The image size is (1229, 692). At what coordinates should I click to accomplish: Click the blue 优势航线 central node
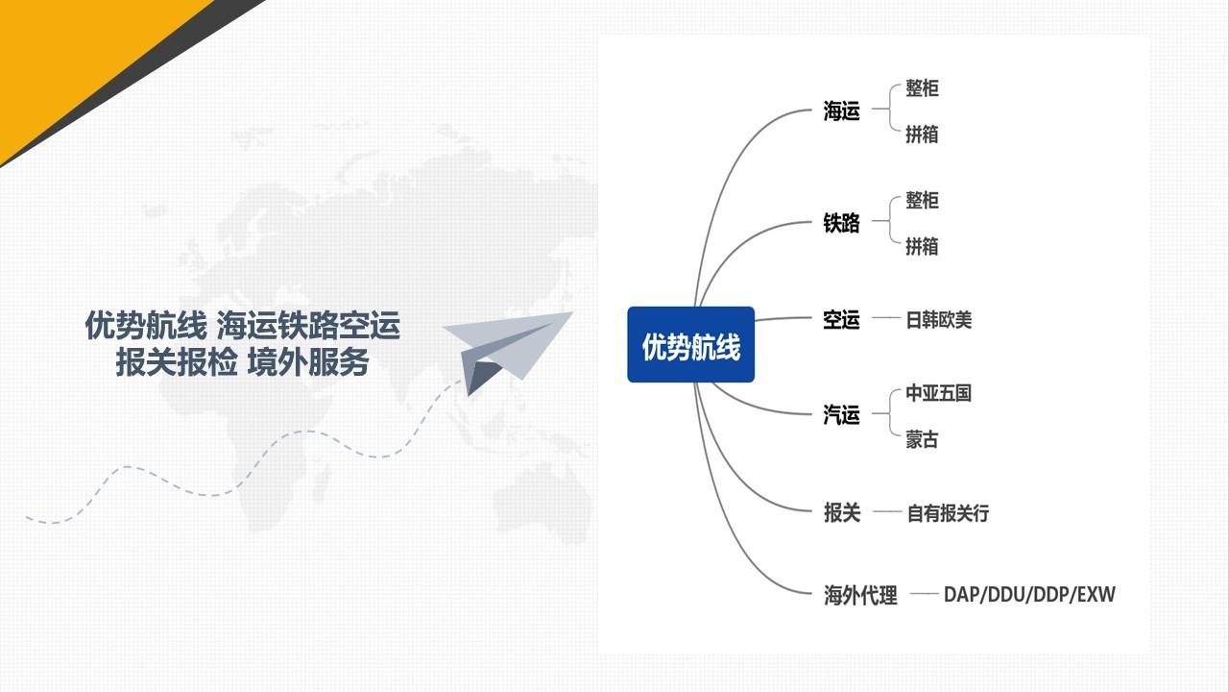(690, 345)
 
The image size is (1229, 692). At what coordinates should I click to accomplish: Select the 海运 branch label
(841, 111)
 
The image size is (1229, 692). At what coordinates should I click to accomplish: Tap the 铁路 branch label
(841, 223)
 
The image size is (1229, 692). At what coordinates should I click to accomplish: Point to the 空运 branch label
(841, 320)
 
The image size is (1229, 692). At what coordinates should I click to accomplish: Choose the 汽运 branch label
(841, 415)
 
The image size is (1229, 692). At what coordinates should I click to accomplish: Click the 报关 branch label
(842, 513)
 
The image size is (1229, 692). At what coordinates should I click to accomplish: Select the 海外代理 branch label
(860, 595)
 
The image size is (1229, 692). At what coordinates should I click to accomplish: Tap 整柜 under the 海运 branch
(922, 89)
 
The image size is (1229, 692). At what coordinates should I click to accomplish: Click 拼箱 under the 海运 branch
(922, 135)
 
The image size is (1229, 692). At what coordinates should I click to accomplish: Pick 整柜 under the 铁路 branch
(922, 201)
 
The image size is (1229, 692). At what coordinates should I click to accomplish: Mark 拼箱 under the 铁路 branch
(922, 247)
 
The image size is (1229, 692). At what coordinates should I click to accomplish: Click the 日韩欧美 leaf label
(939, 320)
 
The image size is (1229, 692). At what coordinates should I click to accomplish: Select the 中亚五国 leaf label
(939, 393)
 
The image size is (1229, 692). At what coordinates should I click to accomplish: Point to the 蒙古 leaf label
(922, 440)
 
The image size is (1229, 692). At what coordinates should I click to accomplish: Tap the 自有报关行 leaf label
(948, 513)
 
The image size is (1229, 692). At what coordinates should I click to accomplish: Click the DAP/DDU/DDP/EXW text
(1029, 595)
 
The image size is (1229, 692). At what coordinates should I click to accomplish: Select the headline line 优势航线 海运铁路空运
(242, 326)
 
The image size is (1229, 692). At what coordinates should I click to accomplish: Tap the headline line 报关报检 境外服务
(242, 362)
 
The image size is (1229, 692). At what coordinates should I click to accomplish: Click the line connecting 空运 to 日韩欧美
(885, 318)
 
